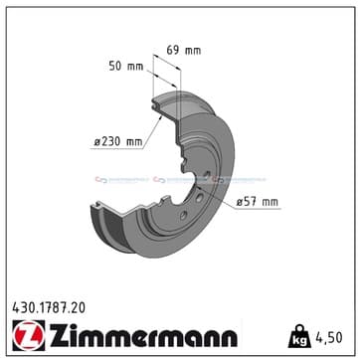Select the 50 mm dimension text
tap(125, 66)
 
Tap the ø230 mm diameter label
tap(116, 142)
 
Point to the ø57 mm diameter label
tap(258, 202)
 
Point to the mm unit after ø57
tap(269, 202)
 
